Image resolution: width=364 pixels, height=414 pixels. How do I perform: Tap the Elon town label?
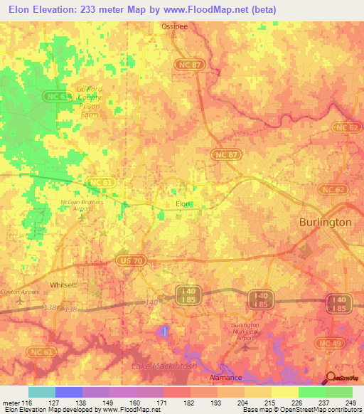pyautogui.click(x=183, y=203)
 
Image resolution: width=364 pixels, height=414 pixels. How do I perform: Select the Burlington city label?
pyautogui.click(x=326, y=222)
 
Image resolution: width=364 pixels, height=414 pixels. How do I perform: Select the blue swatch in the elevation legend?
pyautogui.click(x=69, y=392)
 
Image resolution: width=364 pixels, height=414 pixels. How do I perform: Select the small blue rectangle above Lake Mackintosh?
pyautogui.click(x=165, y=330)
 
